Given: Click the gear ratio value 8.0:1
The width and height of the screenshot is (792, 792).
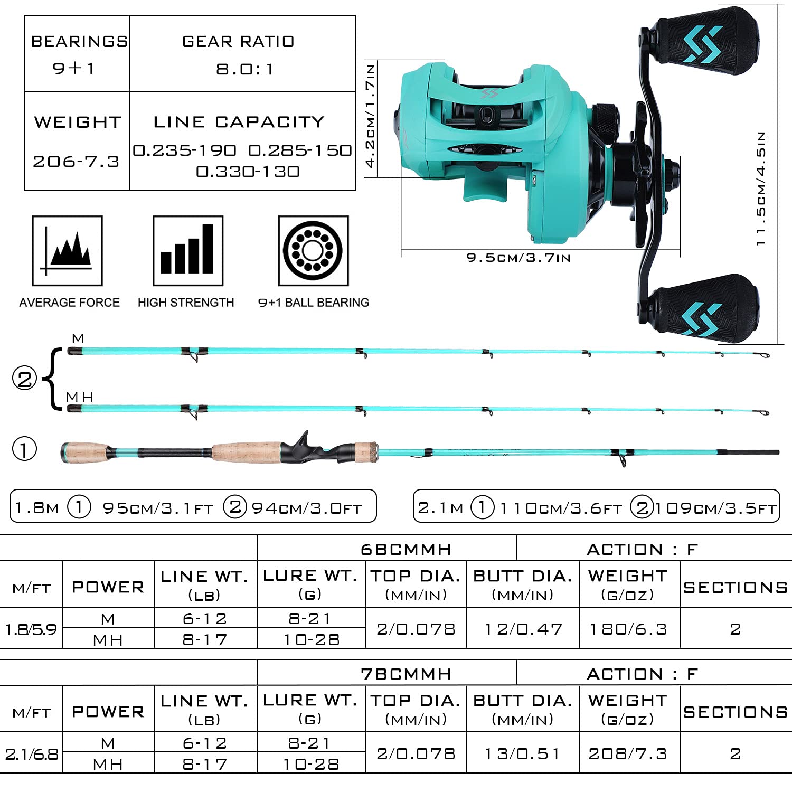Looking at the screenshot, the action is coord(244,69).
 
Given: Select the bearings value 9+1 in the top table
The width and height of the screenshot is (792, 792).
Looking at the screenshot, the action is coord(73,68).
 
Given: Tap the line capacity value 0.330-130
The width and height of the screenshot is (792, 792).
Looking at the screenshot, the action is coord(248,172).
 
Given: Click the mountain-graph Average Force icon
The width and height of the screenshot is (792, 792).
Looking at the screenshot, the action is coord(67,251).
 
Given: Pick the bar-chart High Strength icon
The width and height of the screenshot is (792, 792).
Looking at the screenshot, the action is coord(188,251).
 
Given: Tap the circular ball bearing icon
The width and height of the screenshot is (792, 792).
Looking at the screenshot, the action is coord(314,251).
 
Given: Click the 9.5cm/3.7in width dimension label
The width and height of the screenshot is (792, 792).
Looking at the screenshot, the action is coord(518,258).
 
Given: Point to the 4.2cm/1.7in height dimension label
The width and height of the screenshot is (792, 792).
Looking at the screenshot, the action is coord(371,116).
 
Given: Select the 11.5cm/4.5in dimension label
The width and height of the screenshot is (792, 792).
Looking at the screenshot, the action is coord(760,188).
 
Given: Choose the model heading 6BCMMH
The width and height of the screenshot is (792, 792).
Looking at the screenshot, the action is coord(406,550).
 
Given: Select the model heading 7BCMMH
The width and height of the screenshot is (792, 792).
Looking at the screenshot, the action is coord(406,674).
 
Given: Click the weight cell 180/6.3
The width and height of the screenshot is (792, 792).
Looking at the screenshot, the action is coord(628,629).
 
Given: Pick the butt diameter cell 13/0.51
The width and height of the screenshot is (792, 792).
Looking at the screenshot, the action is coord(522,753).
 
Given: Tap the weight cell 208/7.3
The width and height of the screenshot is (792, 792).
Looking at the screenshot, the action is coord(628,753).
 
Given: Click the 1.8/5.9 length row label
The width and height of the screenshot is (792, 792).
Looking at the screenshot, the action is coord(31,629).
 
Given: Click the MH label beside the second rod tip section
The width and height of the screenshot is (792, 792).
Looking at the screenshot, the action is coord(80,397).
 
